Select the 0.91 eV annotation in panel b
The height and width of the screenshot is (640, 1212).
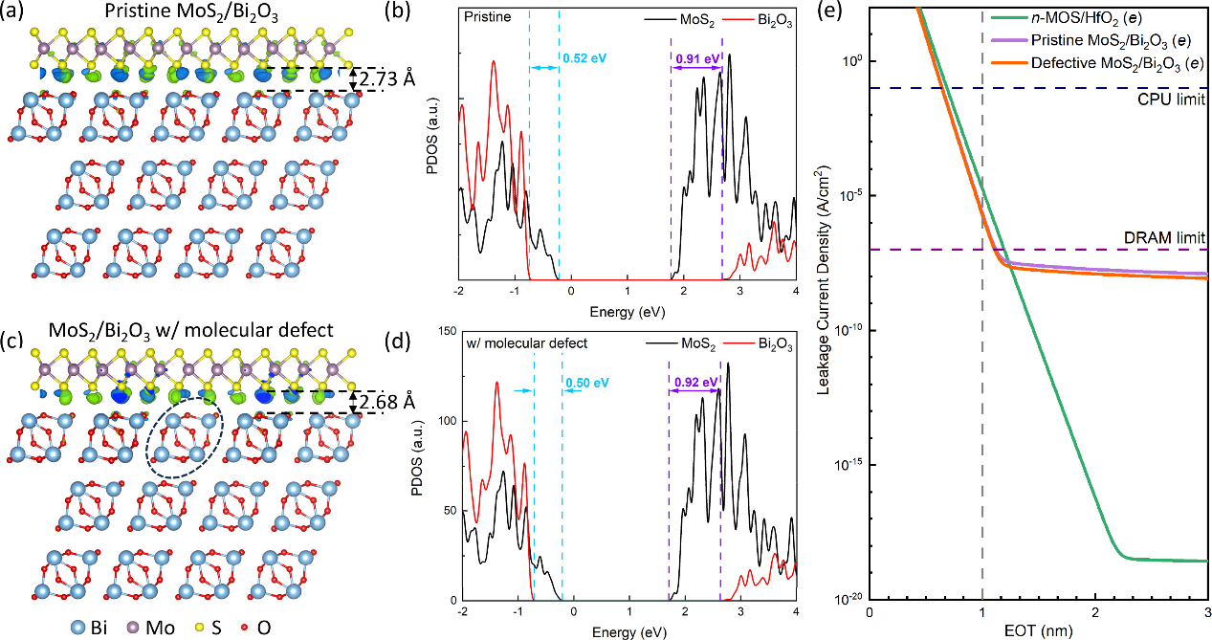(696, 59)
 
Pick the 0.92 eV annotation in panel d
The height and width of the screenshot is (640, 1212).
(694, 382)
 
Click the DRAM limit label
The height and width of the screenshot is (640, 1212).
(1164, 236)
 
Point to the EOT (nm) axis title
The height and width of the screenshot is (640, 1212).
(1040, 630)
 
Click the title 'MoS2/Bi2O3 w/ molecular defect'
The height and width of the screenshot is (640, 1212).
(178, 331)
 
